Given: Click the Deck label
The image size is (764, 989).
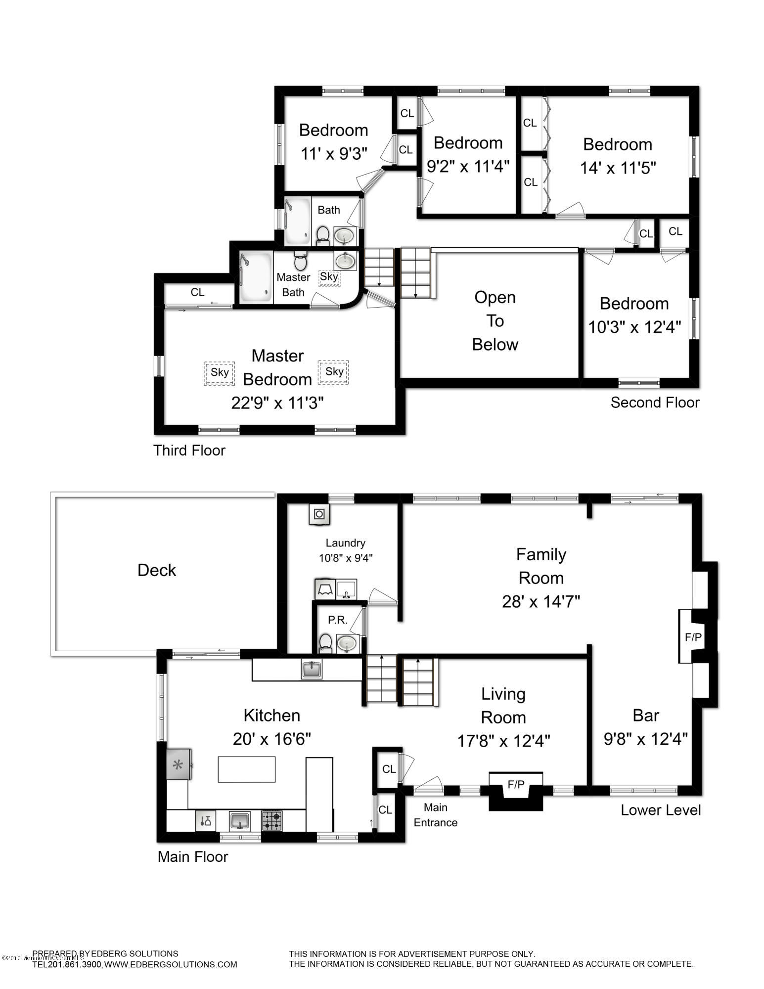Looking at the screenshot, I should (x=156, y=570).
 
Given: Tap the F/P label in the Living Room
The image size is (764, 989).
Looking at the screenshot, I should (x=516, y=784).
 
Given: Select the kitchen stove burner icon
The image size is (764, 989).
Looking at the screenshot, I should (x=271, y=821).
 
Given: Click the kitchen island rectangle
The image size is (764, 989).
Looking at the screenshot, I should (x=246, y=769).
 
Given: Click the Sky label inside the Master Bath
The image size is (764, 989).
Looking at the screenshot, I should (x=329, y=276).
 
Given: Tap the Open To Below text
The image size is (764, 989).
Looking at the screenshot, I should (x=494, y=320).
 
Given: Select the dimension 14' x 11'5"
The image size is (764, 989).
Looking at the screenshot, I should (x=618, y=168).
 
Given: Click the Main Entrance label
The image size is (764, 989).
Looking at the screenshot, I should (x=435, y=814).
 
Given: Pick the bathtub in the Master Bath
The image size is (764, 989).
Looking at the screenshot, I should (x=256, y=277).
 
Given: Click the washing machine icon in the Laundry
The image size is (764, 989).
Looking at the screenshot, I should (x=319, y=514).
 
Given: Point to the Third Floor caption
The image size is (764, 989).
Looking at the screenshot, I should (x=189, y=450).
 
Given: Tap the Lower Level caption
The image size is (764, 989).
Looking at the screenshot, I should (x=661, y=810).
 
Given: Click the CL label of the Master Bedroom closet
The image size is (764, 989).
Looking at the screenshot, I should (x=197, y=292).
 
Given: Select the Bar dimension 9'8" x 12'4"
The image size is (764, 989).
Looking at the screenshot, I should (x=646, y=739).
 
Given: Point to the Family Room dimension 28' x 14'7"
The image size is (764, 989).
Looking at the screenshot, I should (x=541, y=602).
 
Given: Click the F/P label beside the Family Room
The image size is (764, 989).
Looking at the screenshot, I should (x=693, y=637).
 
